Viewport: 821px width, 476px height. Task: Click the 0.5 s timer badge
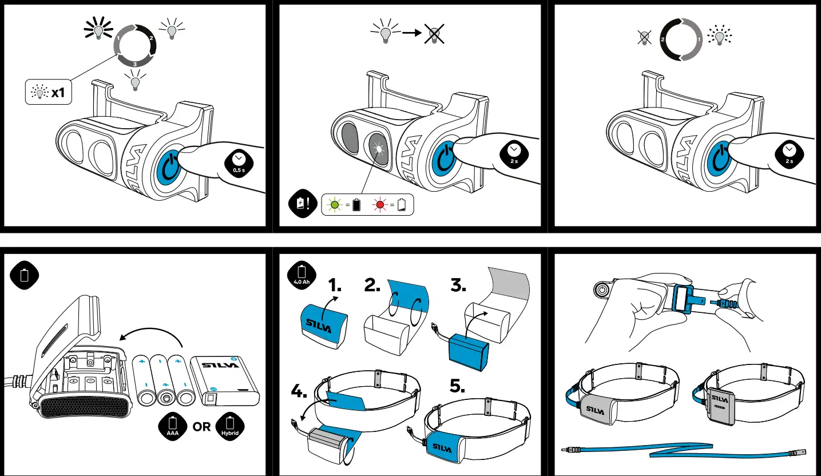tap(239, 162)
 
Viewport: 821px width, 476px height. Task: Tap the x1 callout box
tap(48, 92)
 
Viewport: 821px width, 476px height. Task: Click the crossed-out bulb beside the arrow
tap(434, 34)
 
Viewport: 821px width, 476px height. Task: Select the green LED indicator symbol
tap(335, 204)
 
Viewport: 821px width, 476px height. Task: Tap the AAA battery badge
tap(173, 427)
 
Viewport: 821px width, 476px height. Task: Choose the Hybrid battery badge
tap(230, 427)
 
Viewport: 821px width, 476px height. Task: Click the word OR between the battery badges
tap(201, 427)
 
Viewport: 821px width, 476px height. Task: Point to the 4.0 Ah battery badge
tap(302, 275)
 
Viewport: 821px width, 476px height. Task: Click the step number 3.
tap(458, 285)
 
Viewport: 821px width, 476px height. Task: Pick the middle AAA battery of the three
tap(165, 380)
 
